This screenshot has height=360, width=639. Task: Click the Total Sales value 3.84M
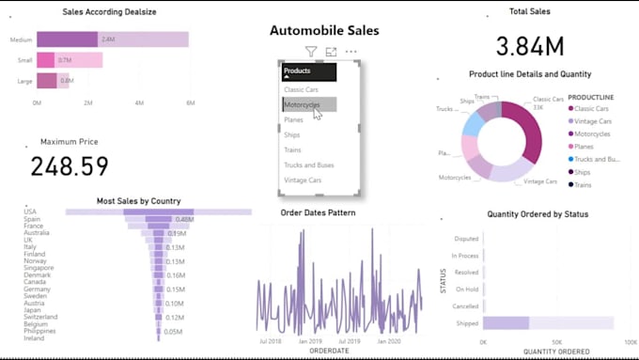pyautogui.click(x=530, y=46)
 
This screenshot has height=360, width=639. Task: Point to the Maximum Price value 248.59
pyautogui.click(x=69, y=166)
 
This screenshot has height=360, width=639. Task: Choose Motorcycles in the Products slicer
pyautogui.click(x=303, y=104)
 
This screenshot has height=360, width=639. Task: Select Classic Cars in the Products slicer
pyautogui.click(x=301, y=89)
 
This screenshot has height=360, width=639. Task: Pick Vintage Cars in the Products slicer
pyautogui.click(x=303, y=180)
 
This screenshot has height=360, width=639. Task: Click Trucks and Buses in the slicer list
pyautogui.click(x=308, y=164)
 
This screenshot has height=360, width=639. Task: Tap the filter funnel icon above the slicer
pyautogui.click(x=311, y=52)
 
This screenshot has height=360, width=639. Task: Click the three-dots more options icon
pyautogui.click(x=351, y=52)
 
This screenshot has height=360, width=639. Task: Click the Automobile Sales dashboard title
pyautogui.click(x=324, y=30)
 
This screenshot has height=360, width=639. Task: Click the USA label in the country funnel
pyautogui.click(x=31, y=211)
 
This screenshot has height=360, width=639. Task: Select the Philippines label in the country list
pyautogui.click(x=40, y=331)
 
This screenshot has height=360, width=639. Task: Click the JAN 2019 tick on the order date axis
pyautogui.click(x=311, y=341)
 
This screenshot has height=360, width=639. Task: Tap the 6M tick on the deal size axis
pyautogui.click(x=190, y=102)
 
